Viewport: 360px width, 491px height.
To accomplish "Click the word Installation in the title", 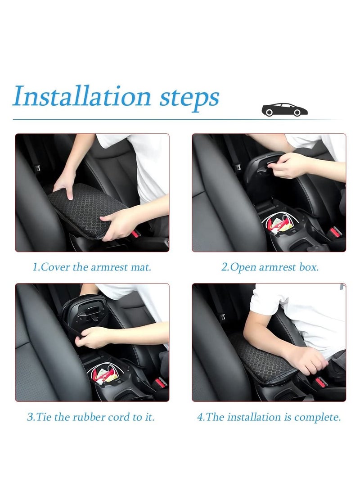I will (x=81, y=96).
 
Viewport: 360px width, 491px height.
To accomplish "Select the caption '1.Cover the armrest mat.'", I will (x=92, y=267).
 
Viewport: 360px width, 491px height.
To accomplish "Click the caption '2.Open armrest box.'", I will (x=270, y=267).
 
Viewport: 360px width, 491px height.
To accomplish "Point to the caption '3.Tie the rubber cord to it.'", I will (x=91, y=417).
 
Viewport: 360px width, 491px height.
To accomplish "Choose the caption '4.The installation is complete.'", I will (x=269, y=417).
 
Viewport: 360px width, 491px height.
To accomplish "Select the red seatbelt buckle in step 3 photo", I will (x=160, y=383).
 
